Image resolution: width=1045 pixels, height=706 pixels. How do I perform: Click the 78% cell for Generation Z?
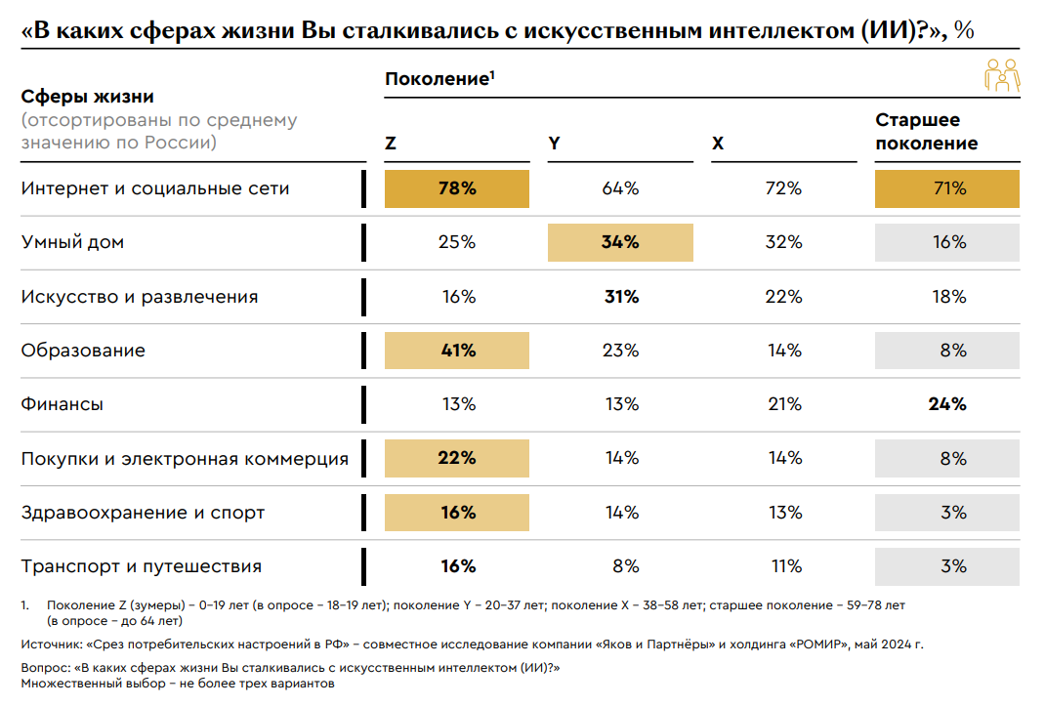tap(457, 188)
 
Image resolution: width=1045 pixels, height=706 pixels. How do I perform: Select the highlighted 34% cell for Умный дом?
tap(620, 242)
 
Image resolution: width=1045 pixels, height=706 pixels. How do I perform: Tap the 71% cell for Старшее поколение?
tap(947, 188)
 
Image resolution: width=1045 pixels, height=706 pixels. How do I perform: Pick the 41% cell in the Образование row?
tap(457, 351)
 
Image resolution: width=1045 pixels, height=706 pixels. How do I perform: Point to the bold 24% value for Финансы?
tap(947, 404)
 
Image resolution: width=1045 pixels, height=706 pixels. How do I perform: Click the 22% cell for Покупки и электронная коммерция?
tap(457, 458)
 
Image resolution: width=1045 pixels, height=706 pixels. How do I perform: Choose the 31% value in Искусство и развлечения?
tap(620, 297)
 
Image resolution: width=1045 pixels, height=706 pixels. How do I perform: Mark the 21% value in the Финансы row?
tap(784, 404)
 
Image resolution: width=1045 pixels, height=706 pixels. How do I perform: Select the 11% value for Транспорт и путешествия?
tap(784, 566)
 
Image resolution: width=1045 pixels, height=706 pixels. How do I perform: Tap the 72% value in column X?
tap(784, 188)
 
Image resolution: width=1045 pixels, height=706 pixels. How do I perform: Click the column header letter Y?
tap(554, 144)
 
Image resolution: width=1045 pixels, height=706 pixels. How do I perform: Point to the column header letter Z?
tap(391, 144)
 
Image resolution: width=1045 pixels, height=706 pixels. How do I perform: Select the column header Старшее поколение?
tap(926, 132)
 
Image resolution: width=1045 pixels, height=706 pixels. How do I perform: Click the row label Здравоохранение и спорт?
tap(143, 513)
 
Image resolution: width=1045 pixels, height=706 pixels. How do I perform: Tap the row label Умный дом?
tap(72, 242)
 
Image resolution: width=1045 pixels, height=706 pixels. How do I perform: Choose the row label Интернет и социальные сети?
tap(155, 188)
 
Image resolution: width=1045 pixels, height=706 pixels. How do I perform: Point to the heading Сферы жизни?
tap(88, 97)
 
